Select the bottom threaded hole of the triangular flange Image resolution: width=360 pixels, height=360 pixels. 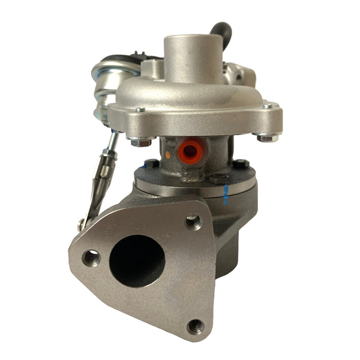(x=194, y=326)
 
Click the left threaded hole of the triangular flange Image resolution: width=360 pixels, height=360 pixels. (x=92, y=259)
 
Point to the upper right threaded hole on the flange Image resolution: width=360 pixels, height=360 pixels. (x=193, y=223)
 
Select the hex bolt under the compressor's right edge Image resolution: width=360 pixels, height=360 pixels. (x=265, y=137)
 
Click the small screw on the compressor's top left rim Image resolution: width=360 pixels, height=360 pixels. (x=139, y=110)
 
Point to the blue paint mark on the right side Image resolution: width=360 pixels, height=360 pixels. (x=226, y=193)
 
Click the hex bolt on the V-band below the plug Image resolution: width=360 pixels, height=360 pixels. (x=217, y=178)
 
